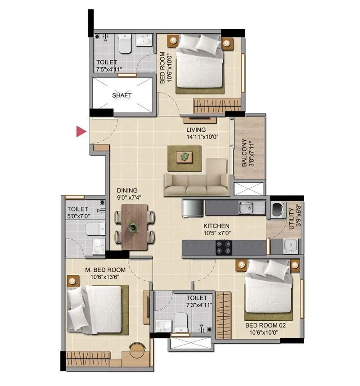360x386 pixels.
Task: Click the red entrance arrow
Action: (81, 131)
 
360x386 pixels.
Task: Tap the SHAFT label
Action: (121, 95)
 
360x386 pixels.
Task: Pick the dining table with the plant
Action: (134, 226)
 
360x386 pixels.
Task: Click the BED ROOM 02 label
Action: (266, 325)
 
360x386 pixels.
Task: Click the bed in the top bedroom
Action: (199, 64)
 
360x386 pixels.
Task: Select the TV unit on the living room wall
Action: (199, 120)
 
